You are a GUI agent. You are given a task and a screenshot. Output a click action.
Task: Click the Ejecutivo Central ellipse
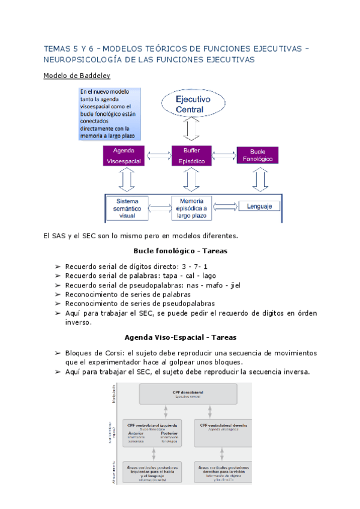tap(192, 104)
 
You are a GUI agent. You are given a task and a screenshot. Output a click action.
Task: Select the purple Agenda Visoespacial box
tap(124, 155)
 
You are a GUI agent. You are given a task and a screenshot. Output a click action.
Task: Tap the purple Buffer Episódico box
tap(191, 155)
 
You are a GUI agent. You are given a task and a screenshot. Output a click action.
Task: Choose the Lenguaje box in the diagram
tap(260, 206)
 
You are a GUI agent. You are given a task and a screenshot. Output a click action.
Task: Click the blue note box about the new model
tap(110, 114)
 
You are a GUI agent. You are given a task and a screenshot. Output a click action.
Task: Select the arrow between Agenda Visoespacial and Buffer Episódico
tap(158, 156)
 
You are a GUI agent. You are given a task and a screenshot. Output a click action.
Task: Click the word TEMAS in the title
tap(58, 47)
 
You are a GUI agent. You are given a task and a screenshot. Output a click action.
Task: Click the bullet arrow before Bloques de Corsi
tap(58, 353)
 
